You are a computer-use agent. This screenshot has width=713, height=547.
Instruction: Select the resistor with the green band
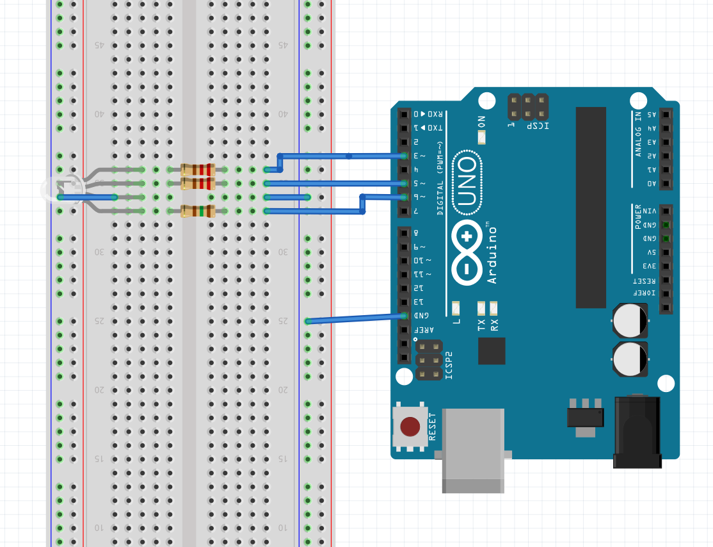coord(197,211)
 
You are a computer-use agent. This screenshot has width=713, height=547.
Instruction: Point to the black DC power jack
coord(637,433)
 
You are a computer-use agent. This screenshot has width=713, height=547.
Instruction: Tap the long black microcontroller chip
coord(590,207)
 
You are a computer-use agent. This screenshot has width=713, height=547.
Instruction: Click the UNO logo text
coord(469,183)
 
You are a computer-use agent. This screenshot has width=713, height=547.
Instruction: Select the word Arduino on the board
coord(492,252)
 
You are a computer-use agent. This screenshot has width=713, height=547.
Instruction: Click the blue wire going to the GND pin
coord(355,318)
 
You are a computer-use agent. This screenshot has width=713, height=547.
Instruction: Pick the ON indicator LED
coord(482,136)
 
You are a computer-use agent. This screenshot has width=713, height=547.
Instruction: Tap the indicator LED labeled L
coord(456,307)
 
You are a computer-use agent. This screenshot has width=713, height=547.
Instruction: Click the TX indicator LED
coord(482,307)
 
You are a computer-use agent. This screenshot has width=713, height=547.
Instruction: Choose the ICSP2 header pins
coord(429,360)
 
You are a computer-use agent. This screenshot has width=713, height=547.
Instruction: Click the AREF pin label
coord(422,329)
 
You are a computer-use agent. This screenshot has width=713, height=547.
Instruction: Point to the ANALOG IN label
coord(638,133)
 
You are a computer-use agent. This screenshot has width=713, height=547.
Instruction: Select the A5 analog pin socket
coord(666,115)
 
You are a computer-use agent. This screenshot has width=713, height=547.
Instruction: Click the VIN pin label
coord(649,211)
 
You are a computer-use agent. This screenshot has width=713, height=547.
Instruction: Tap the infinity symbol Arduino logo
coord(467,252)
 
